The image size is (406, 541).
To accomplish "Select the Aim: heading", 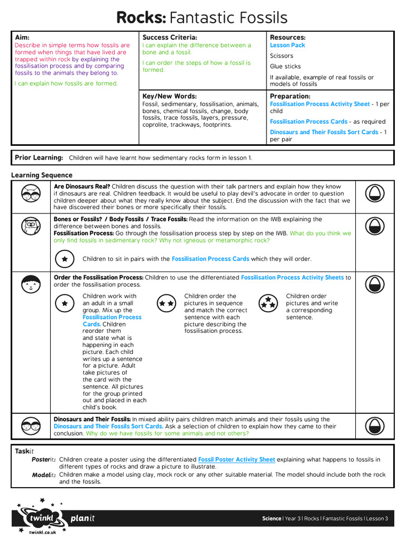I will pos(22,38).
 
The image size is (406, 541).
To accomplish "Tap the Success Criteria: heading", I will pos(170,38).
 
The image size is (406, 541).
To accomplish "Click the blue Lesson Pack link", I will pos(287,45).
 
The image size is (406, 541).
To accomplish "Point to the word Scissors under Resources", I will pos(281,56).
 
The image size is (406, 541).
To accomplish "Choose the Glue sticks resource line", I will pos(285,67).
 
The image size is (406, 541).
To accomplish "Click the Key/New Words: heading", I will pos(169,97).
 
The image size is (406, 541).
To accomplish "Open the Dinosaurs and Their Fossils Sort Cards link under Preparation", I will pos(324,132).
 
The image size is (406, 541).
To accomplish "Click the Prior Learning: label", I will pos(39,158).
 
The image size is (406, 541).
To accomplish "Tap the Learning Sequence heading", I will pos(42,175).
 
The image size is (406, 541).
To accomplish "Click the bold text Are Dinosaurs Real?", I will pos(82,186).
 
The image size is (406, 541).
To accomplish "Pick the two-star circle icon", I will pos(167,303).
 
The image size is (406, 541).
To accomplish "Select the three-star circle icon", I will pos(269,303).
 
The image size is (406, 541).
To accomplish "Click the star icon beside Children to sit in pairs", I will pos(64,259).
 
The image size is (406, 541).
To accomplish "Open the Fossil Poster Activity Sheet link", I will pos(236,460).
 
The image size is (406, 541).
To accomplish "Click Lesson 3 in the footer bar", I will pos(377,518).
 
